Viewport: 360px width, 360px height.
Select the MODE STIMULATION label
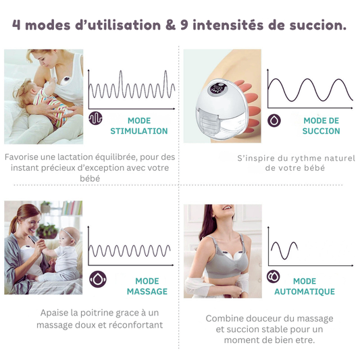tap(138, 126)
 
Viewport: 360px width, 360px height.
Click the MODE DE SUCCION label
tap(322, 126)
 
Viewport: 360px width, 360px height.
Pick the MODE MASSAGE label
tap(147, 286)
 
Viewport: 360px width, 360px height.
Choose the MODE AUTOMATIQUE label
tap(304, 286)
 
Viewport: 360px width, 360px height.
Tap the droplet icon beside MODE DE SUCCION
tap(275, 120)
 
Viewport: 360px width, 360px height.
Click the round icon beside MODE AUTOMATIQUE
tap(274, 277)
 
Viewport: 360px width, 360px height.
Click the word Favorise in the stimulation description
tap(23, 157)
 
